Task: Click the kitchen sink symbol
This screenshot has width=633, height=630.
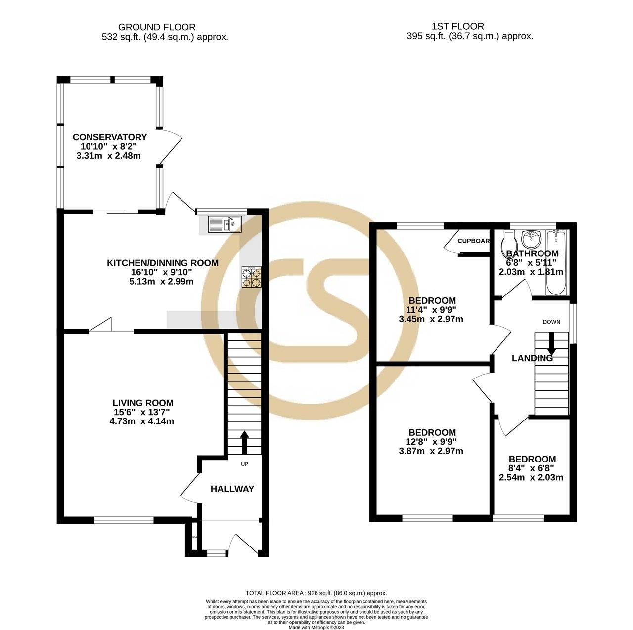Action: (x=225, y=224)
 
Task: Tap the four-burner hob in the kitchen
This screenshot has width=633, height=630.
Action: (x=251, y=277)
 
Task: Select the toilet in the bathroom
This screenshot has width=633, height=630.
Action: (x=508, y=242)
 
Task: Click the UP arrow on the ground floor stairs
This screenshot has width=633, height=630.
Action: (x=244, y=442)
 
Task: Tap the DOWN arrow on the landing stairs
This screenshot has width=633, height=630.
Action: (x=551, y=344)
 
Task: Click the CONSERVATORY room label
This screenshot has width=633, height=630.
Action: (x=110, y=137)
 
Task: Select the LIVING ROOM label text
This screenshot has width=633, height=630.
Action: (x=143, y=403)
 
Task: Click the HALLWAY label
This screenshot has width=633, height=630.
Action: (x=232, y=489)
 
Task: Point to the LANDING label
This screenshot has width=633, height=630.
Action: (x=532, y=359)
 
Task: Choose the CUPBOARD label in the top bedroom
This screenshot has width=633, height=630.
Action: (x=473, y=241)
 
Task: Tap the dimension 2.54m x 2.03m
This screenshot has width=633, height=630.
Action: (x=531, y=478)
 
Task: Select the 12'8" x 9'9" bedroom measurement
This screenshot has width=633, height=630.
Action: (x=431, y=442)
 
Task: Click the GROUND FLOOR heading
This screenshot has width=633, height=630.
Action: (x=157, y=27)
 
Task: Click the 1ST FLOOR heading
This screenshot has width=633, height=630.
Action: (x=457, y=26)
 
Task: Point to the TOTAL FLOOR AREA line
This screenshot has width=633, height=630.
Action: (x=316, y=593)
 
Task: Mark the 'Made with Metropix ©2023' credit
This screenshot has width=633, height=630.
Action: (x=316, y=628)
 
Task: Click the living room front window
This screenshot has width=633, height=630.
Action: (x=124, y=519)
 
